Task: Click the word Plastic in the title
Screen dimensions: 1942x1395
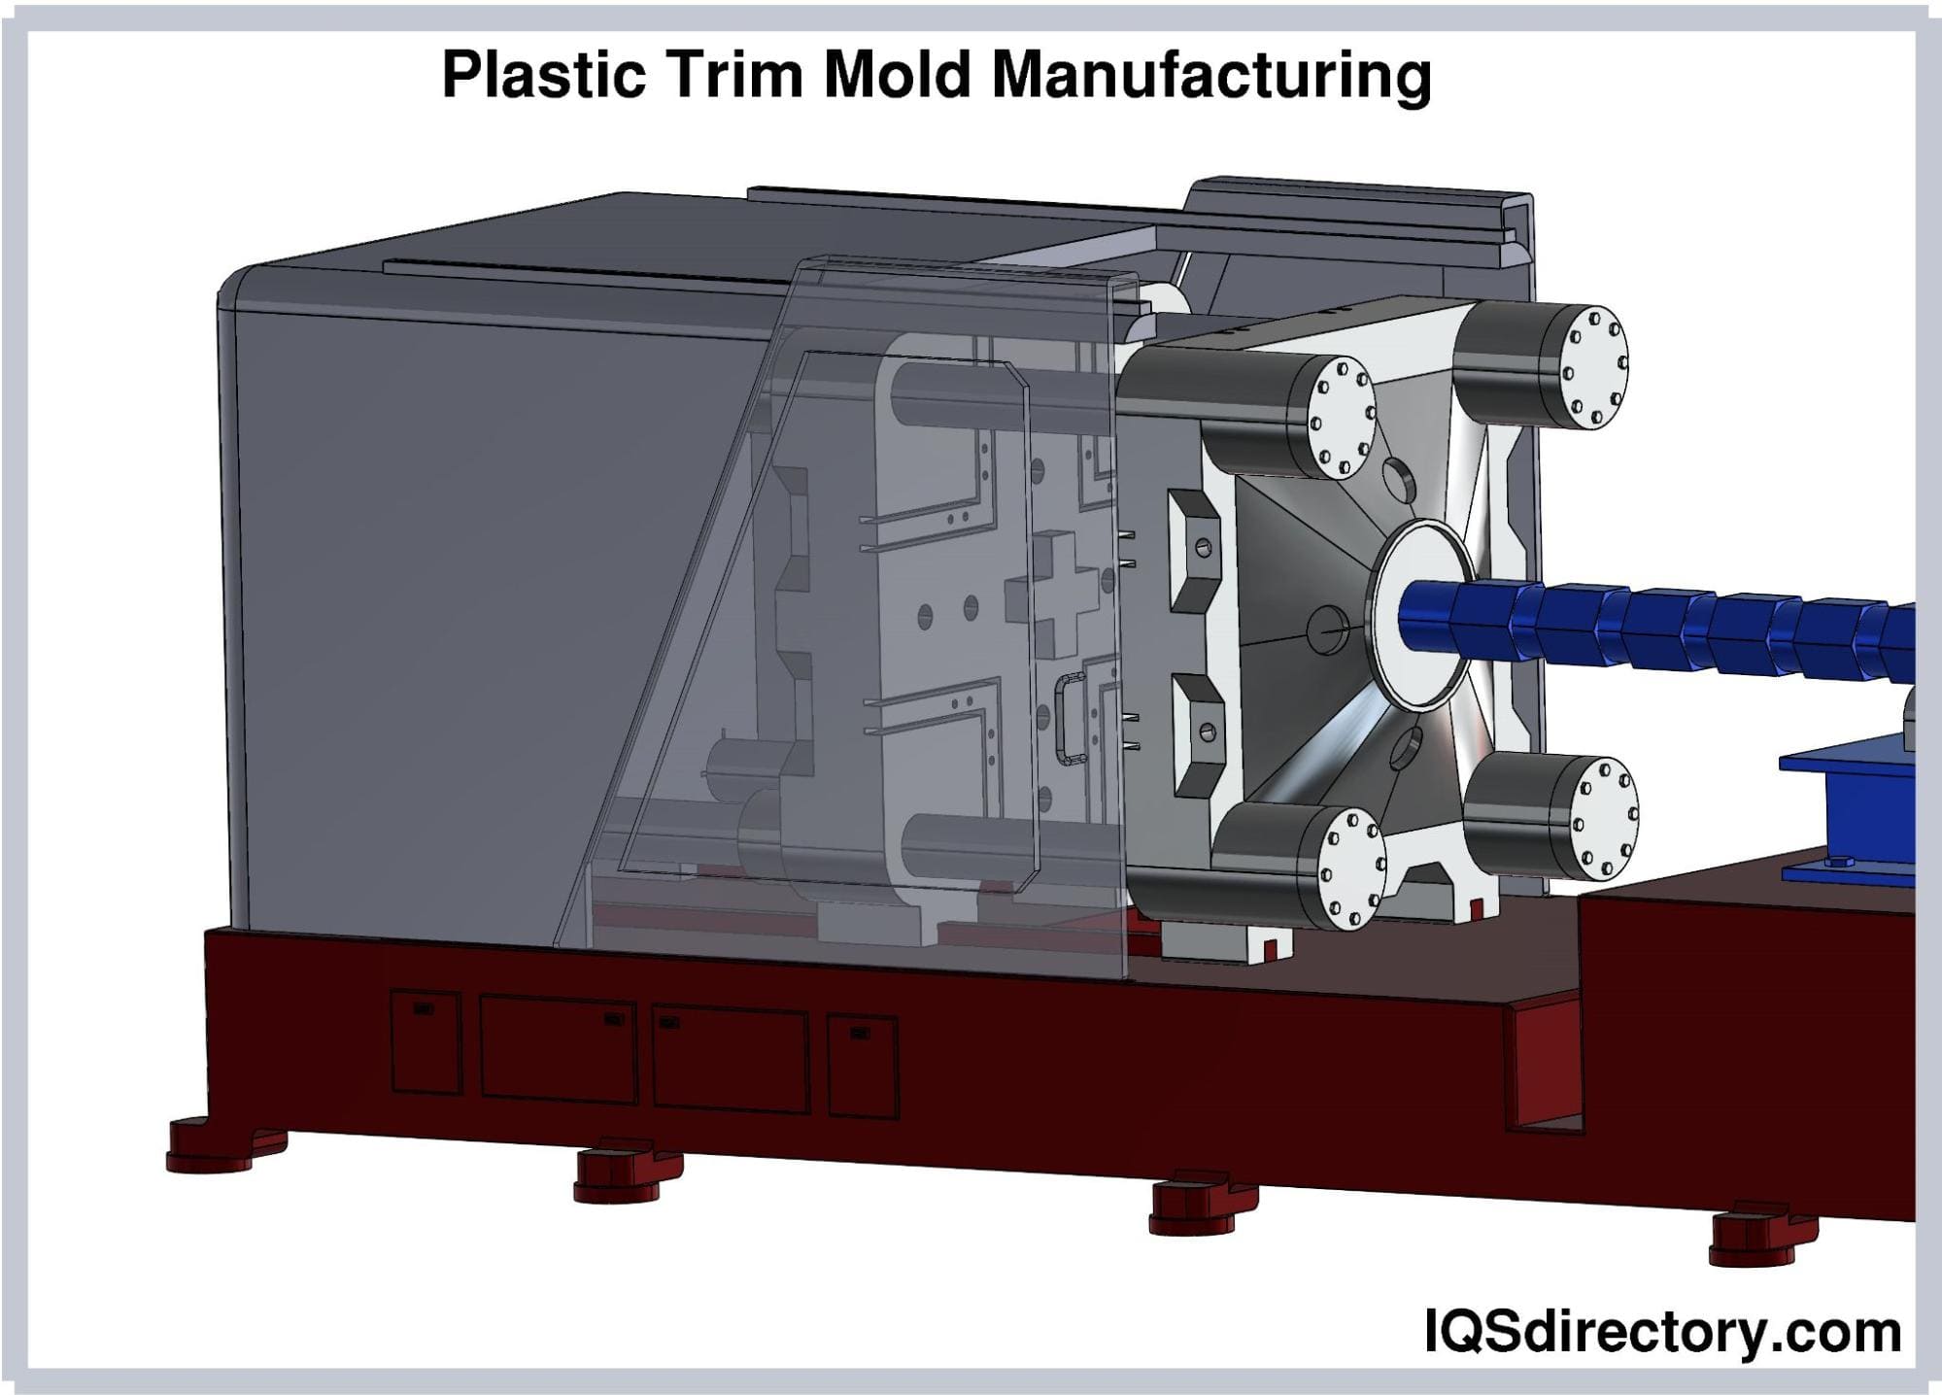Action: click(544, 74)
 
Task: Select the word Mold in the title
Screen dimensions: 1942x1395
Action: click(898, 74)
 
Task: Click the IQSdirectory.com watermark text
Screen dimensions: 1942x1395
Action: click(1662, 1331)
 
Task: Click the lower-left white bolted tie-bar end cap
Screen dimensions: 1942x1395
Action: click(1352, 868)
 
